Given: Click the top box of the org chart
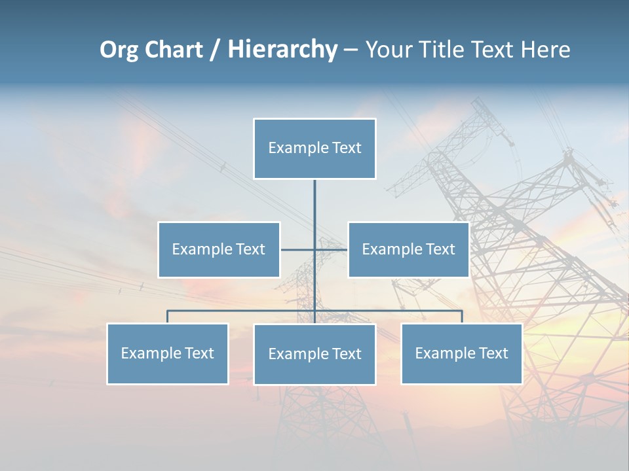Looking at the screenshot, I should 314,148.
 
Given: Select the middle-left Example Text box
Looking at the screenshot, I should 219,249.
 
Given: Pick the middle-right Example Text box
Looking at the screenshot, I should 408,249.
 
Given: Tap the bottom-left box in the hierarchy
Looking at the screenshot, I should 168,353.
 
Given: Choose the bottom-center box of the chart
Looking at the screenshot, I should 314,354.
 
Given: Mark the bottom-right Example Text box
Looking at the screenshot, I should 461,353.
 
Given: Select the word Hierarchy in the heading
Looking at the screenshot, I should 282,50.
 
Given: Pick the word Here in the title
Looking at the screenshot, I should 545,50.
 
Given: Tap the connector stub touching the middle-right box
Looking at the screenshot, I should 332,249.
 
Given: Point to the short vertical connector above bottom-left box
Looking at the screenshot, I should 168,317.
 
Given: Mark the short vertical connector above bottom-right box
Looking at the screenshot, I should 461,317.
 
